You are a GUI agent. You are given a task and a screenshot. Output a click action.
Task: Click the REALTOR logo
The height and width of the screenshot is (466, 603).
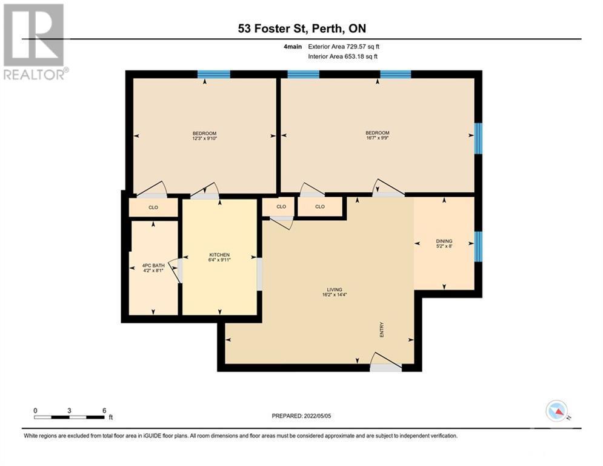tap(34, 42)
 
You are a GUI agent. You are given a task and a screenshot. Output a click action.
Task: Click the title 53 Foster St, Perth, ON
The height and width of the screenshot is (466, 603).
tap(301, 29)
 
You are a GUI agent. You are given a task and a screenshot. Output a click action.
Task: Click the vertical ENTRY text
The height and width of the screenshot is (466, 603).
tap(382, 329)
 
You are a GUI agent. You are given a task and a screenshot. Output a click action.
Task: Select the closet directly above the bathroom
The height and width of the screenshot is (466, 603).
tap(153, 207)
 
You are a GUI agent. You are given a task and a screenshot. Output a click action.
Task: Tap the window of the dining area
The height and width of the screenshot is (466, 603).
tap(478, 246)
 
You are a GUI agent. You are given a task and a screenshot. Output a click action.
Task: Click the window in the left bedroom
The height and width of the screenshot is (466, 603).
tap(214, 75)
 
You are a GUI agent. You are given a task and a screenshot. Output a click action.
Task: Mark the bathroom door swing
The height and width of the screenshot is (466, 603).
tap(176, 270)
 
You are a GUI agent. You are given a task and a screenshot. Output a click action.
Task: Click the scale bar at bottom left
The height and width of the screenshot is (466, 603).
tap(70, 416)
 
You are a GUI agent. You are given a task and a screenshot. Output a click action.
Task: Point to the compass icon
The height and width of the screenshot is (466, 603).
tap(556, 411)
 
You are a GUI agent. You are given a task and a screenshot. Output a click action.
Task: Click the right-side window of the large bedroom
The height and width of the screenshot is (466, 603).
tap(478, 138)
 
